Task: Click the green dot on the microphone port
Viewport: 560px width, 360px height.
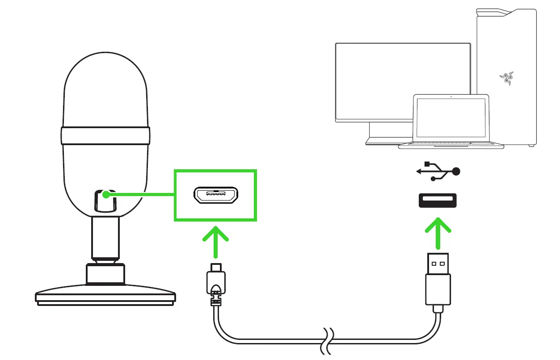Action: point(105,195)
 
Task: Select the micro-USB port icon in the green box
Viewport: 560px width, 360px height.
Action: point(215,195)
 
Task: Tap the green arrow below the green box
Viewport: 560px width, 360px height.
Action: point(215,241)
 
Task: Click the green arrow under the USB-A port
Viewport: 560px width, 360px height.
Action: point(437,232)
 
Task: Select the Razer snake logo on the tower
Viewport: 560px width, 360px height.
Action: point(505,79)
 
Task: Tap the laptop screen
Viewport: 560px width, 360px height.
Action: point(451,118)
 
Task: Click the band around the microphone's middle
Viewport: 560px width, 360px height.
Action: point(105,135)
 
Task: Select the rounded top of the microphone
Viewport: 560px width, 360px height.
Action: point(105,80)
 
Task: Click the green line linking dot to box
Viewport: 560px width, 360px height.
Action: point(143,195)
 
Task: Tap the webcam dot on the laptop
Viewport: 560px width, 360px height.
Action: point(451,96)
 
